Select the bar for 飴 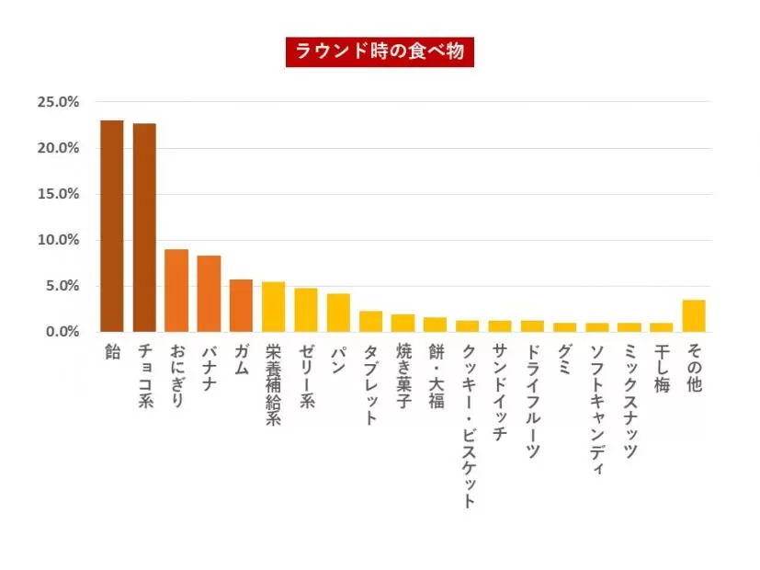coord(112,226)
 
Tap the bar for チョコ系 coord(144,228)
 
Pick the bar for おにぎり coord(176,291)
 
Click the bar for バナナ coord(210,293)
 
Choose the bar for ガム coord(241,305)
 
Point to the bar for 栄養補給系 coord(273,307)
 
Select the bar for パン coord(338,313)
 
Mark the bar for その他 coord(694,315)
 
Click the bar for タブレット coord(370,321)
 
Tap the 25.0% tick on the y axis coord(58,102)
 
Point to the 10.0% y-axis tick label coord(58,240)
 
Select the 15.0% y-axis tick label coord(58,194)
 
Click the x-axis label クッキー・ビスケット coord(468,426)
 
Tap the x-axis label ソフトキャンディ coord(597,408)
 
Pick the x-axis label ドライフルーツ coord(532,401)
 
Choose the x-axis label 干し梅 coord(662,369)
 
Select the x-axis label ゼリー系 coord(306,378)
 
